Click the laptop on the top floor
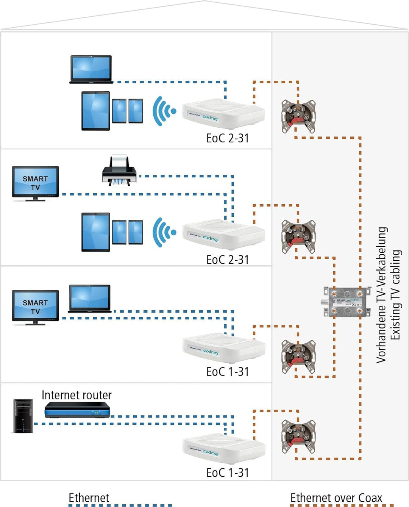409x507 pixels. (x=91, y=69)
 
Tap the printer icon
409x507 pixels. (x=119, y=171)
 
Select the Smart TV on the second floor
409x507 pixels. (x=35, y=183)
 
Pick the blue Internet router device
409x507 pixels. (x=77, y=410)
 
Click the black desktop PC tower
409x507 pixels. (x=23, y=416)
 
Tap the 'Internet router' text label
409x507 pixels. (x=76, y=395)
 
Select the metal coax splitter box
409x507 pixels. (x=347, y=302)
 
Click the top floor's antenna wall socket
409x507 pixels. (x=298, y=116)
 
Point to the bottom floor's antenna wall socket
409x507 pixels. (x=298, y=437)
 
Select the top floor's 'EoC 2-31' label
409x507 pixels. (x=227, y=138)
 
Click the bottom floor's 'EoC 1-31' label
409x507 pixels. (x=227, y=473)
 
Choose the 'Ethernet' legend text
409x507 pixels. (x=89, y=498)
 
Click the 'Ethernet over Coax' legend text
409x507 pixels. (x=336, y=498)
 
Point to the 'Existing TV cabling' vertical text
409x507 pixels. (x=395, y=295)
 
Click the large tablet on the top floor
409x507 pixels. (x=96, y=111)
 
